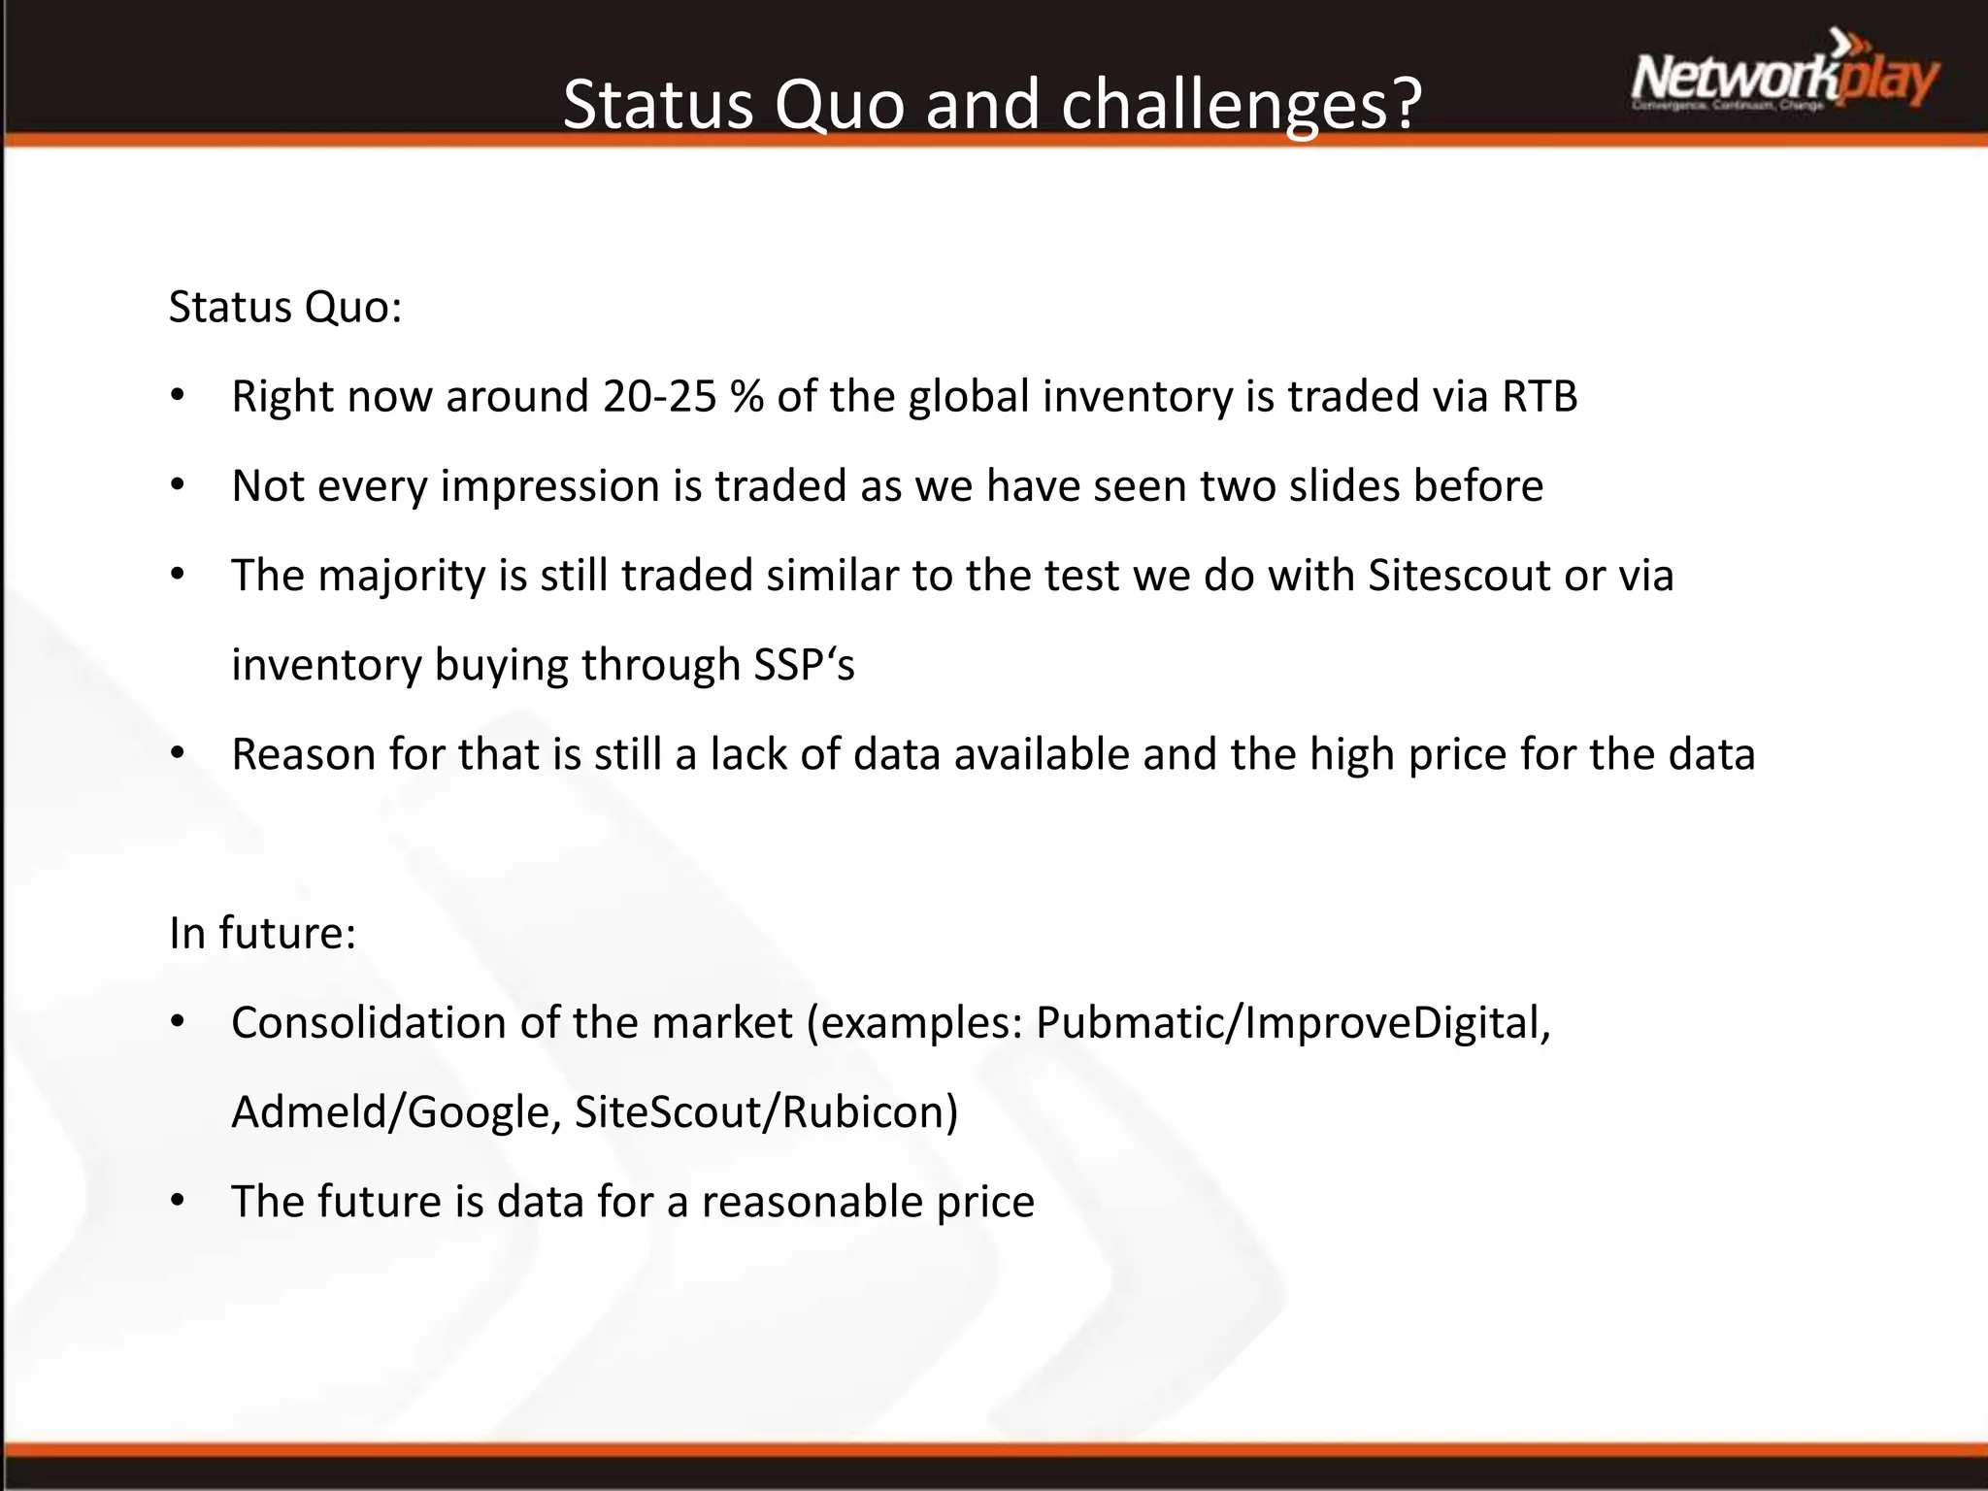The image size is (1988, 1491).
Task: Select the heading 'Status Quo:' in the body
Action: pos(285,308)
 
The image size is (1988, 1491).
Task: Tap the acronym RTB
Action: pos(1540,396)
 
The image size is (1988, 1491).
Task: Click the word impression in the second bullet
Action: pos(550,486)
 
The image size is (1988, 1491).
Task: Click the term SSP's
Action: pos(804,665)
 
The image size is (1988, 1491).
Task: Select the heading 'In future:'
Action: pos(263,933)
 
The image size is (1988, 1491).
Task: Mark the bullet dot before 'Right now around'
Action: pos(177,396)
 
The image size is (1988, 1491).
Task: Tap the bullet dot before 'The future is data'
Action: pos(177,1202)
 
